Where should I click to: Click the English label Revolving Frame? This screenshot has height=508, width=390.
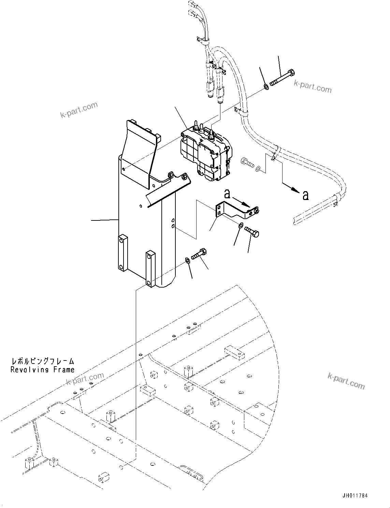click(42, 369)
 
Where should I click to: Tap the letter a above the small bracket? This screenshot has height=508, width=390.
click(228, 194)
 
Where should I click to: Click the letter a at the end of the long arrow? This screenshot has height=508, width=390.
click(305, 195)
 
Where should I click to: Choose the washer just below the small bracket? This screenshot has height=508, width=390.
click(241, 225)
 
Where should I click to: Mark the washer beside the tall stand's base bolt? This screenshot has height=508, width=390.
click(187, 261)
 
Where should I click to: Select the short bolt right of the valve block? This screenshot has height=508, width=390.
click(247, 163)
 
